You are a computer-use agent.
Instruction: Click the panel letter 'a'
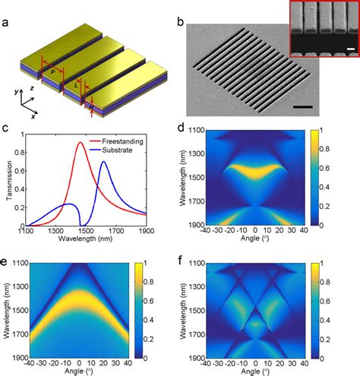click(x=5, y=23)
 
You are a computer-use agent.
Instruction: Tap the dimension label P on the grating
click(x=52, y=72)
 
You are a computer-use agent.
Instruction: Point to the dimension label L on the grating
click(x=76, y=85)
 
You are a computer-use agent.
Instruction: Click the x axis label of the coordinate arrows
click(x=33, y=116)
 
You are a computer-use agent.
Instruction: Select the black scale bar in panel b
click(x=303, y=107)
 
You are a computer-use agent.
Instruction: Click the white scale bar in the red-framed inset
click(x=351, y=49)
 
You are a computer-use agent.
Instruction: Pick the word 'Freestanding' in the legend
click(x=122, y=141)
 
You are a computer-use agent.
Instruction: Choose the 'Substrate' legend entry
click(x=117, y=150)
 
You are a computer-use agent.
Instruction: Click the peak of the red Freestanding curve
click(x=81, y=142)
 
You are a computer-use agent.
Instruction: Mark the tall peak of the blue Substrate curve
click(x=103, y=162)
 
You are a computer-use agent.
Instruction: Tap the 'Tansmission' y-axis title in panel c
click(x=10, y=180)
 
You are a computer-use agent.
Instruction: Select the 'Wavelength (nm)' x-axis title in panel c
click(x=85, y=239)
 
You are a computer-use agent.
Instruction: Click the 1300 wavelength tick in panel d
click(x=197, y=153)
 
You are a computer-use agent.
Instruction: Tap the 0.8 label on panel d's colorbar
click(x=324, y=149)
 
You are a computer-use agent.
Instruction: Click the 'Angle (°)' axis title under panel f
click(x=255, y=371)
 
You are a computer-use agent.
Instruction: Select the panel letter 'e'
click(x=4, y=261)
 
